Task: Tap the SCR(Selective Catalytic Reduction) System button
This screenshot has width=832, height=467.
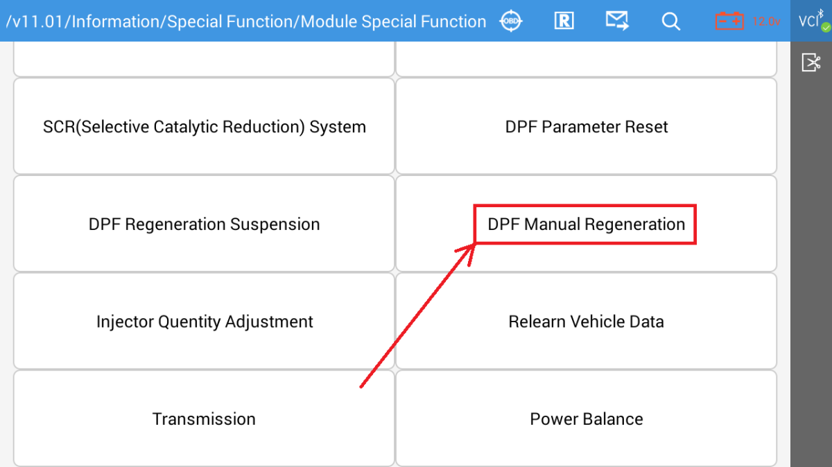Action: click(204, 127)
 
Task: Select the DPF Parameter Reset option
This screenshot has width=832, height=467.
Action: click(587, 127)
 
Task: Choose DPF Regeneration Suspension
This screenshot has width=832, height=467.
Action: click(204, 224)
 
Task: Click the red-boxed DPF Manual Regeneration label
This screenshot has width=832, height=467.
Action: click(586, 224)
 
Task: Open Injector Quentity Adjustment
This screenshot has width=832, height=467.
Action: click(204, 322)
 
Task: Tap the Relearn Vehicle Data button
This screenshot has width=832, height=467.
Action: click(587, 322)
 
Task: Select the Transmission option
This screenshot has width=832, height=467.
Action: click(204, 419)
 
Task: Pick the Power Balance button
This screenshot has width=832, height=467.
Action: click(587, 419)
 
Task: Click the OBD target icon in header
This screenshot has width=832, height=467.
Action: click(511, 21)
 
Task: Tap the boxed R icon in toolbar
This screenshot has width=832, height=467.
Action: click(564, 21)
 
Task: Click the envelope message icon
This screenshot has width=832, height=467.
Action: click(616, 21)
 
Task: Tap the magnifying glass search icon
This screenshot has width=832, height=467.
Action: click(670, 21)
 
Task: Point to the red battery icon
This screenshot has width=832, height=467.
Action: click(730, 21)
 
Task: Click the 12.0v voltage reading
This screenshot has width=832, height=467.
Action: click(765, 21)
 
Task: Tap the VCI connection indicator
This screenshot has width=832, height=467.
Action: click(810, 21)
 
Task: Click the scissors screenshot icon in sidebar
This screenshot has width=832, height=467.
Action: click(811, 63)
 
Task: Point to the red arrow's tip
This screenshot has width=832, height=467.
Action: click(474, 244)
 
